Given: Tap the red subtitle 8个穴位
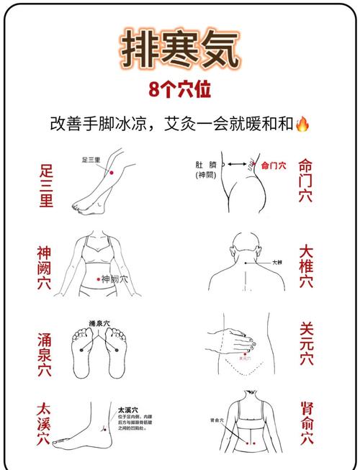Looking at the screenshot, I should [180, 91].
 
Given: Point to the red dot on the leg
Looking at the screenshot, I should [111, 172].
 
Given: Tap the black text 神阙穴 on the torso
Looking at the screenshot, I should [114, 279].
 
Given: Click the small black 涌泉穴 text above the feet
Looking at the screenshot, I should [99, 324].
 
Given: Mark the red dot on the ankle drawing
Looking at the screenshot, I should [104, 429].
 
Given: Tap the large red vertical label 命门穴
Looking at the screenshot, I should [305, 180].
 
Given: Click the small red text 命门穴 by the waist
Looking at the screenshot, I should [273, 165].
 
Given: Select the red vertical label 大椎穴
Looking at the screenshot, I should [306, 266].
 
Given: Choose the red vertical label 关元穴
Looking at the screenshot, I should [306, 344].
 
